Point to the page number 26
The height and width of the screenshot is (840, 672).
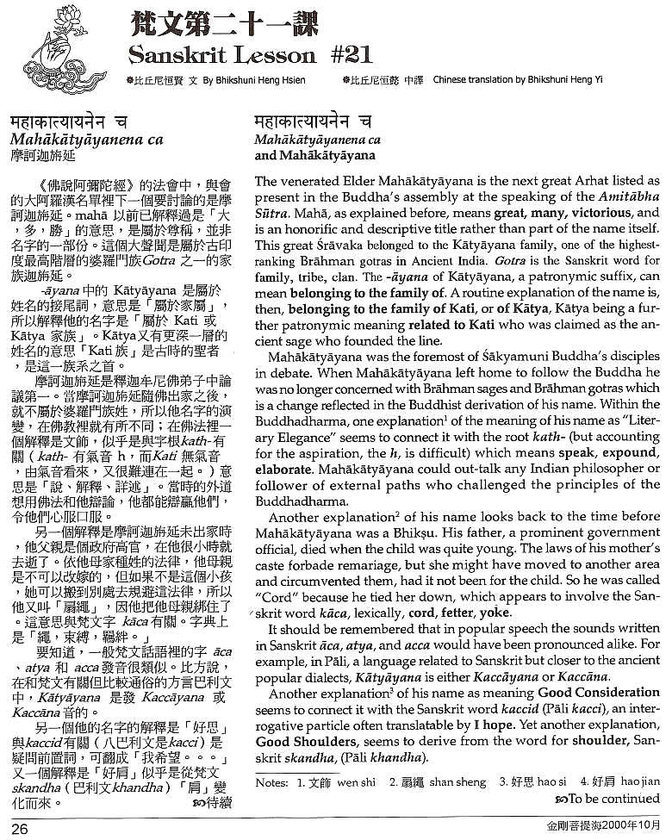(x=21, y=829)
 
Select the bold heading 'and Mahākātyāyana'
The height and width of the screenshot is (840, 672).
(x=314, y=156)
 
